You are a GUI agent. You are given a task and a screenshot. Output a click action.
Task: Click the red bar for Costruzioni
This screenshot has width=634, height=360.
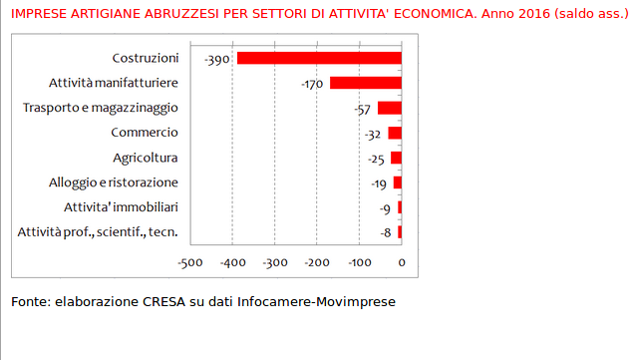(318, 58)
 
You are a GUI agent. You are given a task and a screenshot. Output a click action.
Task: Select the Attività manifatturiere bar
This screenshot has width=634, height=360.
(365, 83)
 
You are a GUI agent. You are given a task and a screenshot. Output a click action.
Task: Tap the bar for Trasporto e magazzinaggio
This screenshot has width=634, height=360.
(389, 108)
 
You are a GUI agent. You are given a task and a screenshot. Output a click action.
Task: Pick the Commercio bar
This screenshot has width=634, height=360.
(395, 133)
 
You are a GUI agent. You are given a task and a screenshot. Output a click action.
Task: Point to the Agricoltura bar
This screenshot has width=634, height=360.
(396, 158)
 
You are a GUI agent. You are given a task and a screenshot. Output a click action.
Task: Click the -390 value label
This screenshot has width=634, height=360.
(217, 60)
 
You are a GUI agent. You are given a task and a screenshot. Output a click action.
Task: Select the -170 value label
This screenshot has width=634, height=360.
(312, 85)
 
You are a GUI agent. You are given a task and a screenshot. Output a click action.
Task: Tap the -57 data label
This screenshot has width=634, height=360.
(362, 110)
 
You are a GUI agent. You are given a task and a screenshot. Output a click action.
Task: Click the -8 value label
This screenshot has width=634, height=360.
(385, 233)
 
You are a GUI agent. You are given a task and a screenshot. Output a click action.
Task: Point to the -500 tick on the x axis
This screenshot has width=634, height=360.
(189, 263)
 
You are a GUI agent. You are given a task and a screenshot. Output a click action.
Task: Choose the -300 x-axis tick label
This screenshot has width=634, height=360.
(274, 263)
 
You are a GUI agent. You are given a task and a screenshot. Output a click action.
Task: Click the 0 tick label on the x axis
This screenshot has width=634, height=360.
(402, 263)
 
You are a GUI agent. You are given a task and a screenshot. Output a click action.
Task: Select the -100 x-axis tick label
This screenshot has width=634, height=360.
(359, 263)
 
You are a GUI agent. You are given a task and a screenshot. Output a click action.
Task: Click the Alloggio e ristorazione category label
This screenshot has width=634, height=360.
(114, 182)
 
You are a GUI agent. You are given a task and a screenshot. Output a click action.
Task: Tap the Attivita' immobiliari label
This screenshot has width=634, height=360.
(121, 207)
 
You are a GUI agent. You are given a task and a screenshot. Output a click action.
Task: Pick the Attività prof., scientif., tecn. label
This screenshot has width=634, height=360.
(98, 232)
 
